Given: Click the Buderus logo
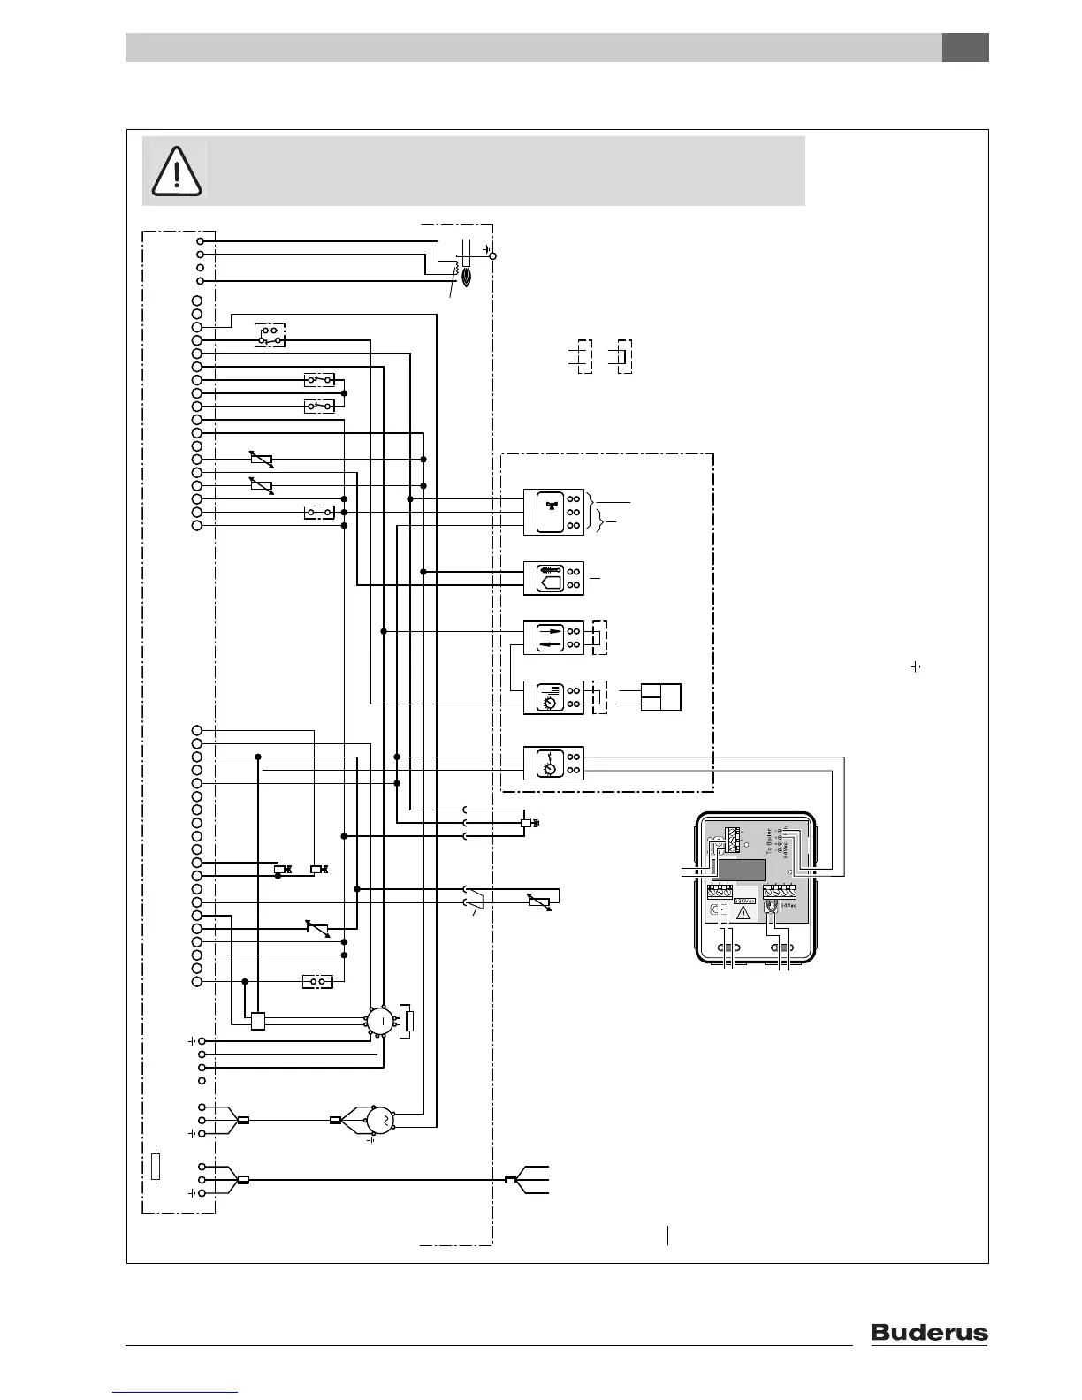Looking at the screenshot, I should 929,1332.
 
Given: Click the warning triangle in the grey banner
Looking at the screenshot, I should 177,170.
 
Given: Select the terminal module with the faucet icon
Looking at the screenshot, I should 553,512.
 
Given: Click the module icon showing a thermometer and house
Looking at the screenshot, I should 553,578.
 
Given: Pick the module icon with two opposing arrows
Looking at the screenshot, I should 553,637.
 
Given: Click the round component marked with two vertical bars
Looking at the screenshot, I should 382,1021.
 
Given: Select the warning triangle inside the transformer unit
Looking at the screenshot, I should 743,912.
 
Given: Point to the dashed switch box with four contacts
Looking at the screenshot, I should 270,336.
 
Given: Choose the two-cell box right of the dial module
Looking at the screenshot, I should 661,696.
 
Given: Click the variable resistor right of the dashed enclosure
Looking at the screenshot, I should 538,902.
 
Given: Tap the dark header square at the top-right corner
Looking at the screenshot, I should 964,48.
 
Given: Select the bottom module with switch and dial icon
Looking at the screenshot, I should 553,763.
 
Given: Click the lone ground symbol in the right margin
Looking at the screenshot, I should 916,666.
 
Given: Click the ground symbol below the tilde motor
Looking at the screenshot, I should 371,1140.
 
